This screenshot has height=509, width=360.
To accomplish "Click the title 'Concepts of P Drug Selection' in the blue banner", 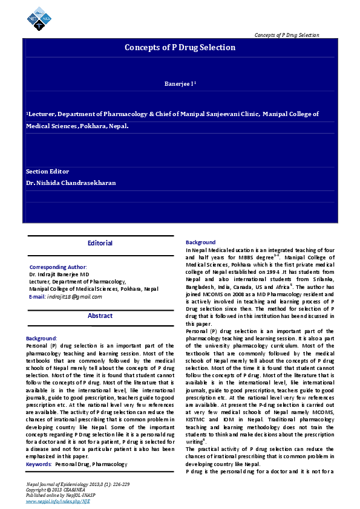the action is click(180, 47).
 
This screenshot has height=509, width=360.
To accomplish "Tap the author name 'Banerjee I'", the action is click(180, 83).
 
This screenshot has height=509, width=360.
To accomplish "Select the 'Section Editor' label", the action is click(47, 172).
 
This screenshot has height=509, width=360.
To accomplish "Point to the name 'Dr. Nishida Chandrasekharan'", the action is click(70, 183).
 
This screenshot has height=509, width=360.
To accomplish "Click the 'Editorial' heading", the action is click(100, 243).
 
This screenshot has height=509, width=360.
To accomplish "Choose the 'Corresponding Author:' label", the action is click(57, 267).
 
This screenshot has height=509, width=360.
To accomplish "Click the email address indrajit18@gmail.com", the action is click(74, 296).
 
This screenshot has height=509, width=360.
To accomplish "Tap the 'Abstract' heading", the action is click(100, 316).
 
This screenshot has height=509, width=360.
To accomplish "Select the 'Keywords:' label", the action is click(39, 447).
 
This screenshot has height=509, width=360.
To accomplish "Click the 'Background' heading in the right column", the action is click(200, 242).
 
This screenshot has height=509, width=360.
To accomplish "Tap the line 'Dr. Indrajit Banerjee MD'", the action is click(59, 274).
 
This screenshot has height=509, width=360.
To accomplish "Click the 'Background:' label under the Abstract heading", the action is click(41, 339).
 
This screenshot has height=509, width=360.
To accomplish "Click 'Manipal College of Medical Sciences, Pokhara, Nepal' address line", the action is click(94, 289).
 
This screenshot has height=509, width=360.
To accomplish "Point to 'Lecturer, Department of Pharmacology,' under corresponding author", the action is click(77, 281).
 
